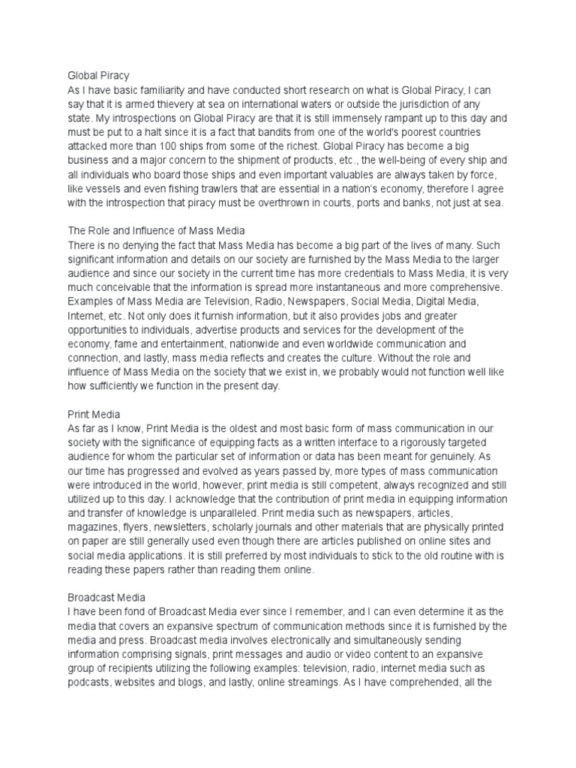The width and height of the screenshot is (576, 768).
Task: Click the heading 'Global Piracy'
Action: [x=98, y=76]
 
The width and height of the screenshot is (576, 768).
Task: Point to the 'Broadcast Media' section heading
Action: [x=106, y=597]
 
